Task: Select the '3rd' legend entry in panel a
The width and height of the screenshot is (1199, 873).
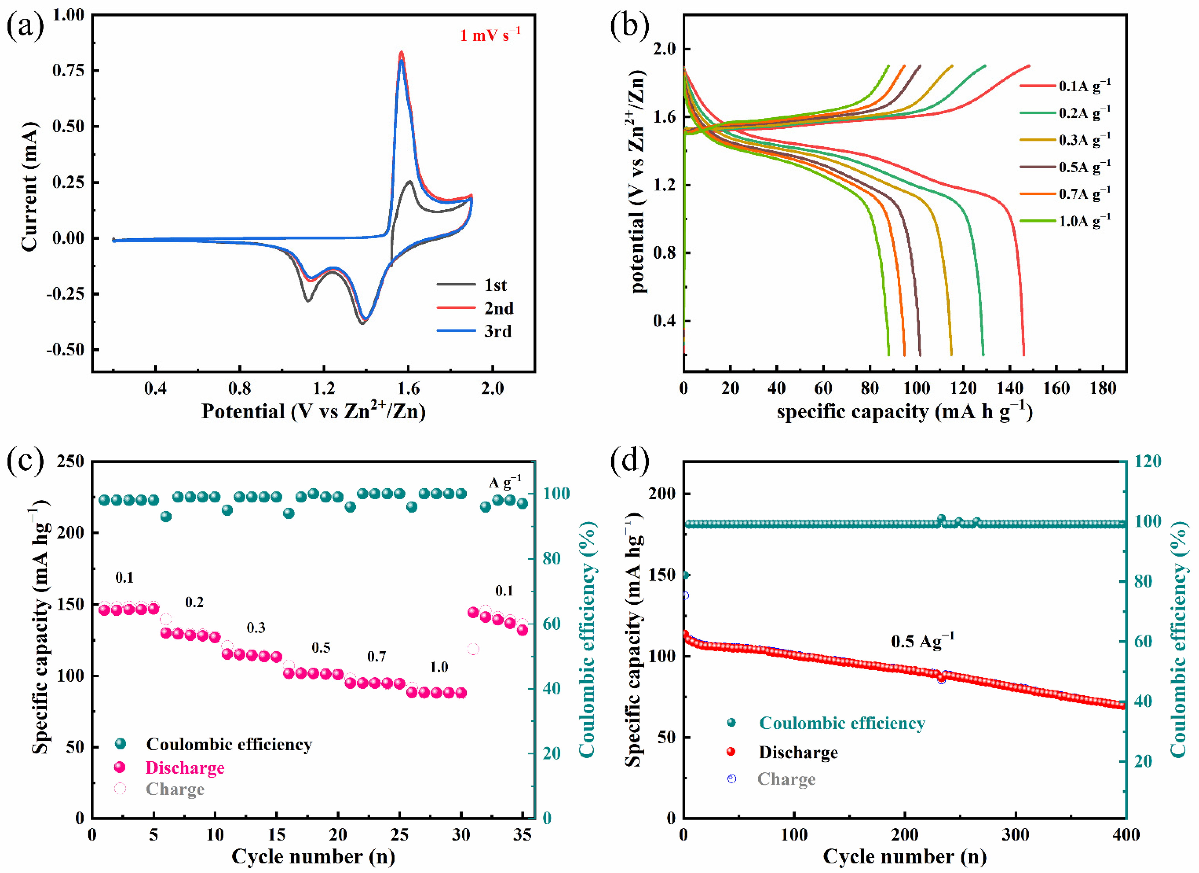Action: (498, 331)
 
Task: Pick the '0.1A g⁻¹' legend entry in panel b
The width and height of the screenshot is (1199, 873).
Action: (1084, 86)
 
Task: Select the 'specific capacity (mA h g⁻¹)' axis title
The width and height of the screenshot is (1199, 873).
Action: (904, 412)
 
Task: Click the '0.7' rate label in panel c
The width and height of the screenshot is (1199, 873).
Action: (376, 657)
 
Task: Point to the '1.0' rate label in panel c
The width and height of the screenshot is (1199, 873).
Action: (439, 667)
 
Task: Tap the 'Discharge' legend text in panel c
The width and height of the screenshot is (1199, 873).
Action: (185, 768)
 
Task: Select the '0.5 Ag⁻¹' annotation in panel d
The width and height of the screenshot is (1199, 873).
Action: (923, 641)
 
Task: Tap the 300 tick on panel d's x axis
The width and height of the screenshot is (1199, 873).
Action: (1016, 835)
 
